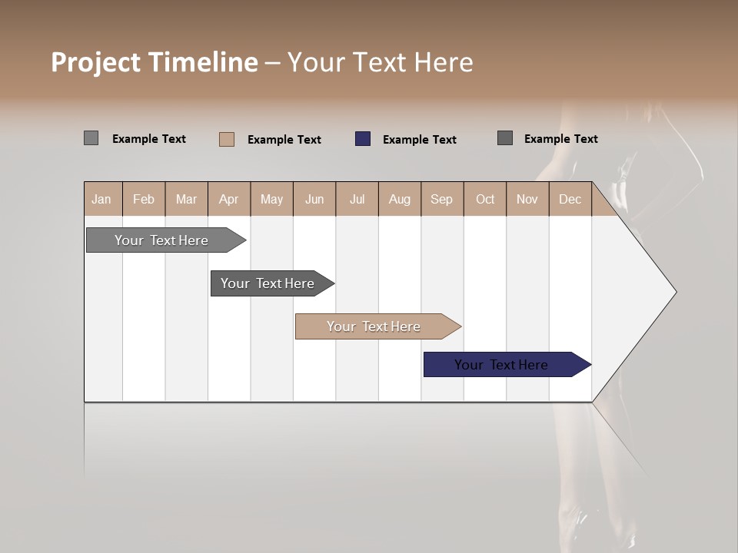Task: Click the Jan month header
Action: coord(101,200)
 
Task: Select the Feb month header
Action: coord(144,200)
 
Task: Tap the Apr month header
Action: coord(228,200)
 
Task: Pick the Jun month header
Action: coord(314,200)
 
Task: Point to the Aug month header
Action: coord(399,200)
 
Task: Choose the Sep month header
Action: coord(441,200)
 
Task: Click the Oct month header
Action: coord(485,200)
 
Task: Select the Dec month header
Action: coord(570,200)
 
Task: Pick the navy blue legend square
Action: coord(363,139)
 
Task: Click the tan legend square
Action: coord(227,139)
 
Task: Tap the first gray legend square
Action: coord(91,138)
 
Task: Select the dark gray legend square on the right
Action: coord(505,138)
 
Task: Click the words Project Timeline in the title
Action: coord(154,62)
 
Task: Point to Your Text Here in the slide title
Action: coord(380,62)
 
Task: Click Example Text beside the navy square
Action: coord(419,140)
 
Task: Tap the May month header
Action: coord(271,200)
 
